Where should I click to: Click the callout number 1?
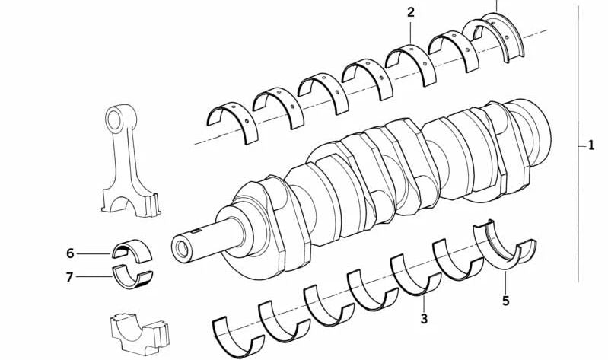(591, 145)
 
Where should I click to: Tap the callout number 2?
(411, 12)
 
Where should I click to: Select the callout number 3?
(424, 319)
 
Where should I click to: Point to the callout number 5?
(505, 301)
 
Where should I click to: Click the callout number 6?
(70, 253)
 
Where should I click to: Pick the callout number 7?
(69, 277)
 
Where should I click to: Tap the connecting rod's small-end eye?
(115, 119)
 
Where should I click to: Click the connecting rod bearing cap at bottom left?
(139, 333)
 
